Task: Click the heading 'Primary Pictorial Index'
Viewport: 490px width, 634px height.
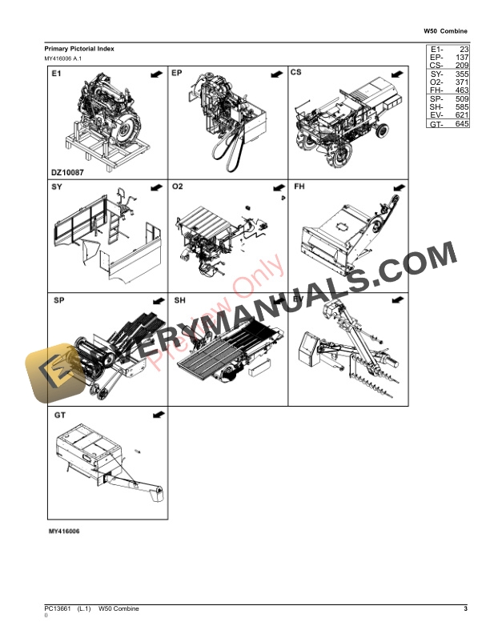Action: tap(79, 49)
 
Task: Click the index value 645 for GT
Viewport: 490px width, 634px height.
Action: tap(462, 124)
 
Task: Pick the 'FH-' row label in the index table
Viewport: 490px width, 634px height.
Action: tap(436, 92)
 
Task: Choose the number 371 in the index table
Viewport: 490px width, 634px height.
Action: tap(462, 82)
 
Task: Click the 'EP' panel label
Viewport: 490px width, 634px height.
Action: tap(178, 74)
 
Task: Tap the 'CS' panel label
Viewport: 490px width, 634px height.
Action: tap(296, 74)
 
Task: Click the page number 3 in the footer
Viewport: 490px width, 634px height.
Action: tap(464, 610)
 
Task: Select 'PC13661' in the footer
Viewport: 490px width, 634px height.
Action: tap(58, 610)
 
